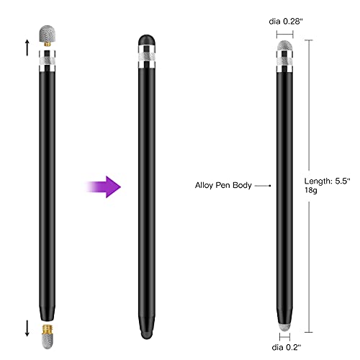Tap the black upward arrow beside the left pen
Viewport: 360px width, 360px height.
pyautogui.click(x=27, y=48)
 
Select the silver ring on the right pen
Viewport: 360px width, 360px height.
pyautogui.click(x=287, y=66)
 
